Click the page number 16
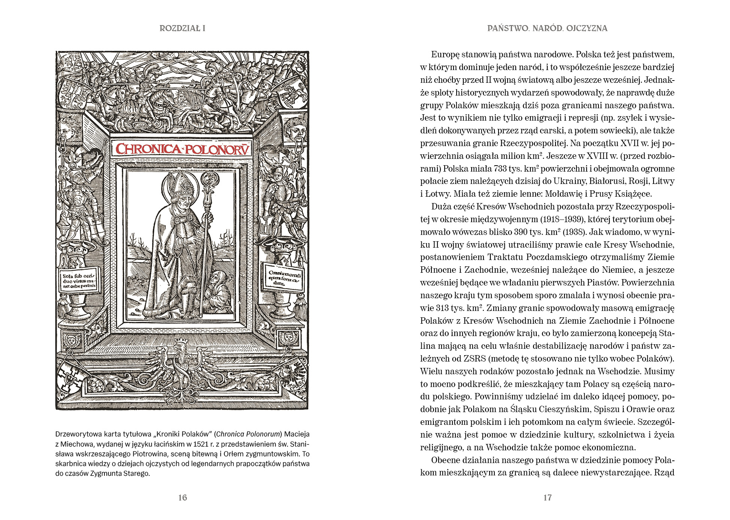pos(182,498)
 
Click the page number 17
pos(547,498)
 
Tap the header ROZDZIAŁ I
pos(182,28)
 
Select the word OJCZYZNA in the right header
pos(587,28)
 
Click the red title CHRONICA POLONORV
pos(182,149)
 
